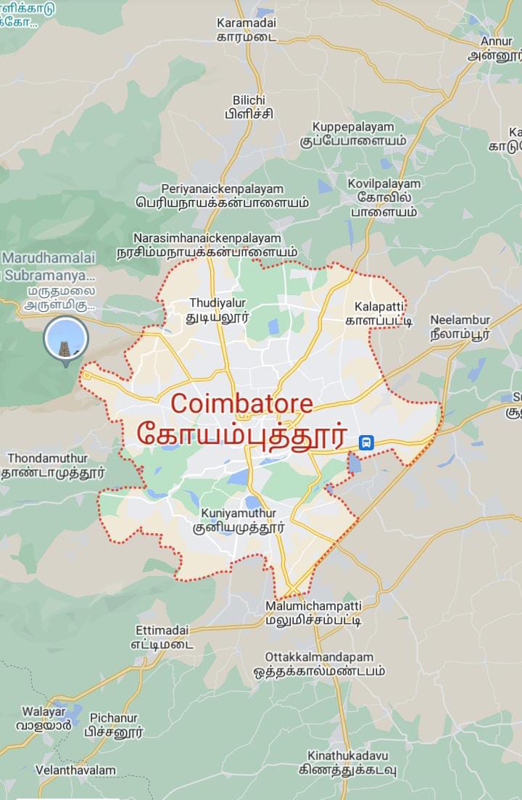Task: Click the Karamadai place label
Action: click(x=246, y=30)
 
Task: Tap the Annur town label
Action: click(x=496, y=48)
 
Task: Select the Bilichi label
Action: click(x=249, y=106)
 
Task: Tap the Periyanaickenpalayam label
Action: click(x=222, y=196)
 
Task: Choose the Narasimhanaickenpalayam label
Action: click(x=207, y=245)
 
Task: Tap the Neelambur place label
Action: click(x=460, y=326)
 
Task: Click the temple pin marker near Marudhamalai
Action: click(x=66, y=339)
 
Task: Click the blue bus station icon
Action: click(x=366, y=442)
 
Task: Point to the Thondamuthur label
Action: click(x=48, y=465)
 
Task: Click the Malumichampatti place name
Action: click(x=313, y=613)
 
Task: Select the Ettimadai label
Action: click(x=162, y=637)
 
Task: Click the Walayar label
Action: click(x=43, y=718)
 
